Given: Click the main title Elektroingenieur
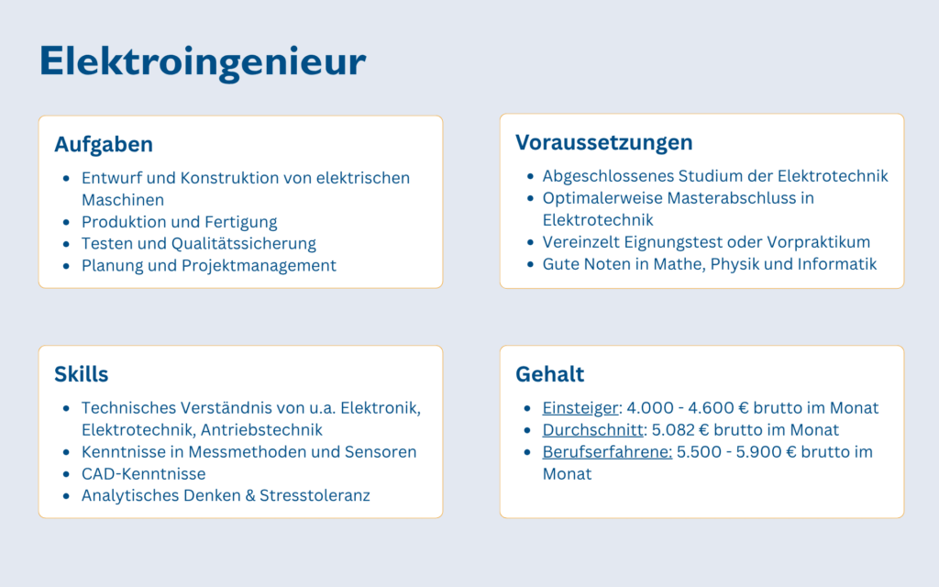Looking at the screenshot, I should [203, 62].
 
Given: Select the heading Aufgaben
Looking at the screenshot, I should [104, 145].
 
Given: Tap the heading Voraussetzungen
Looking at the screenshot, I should [603, 143].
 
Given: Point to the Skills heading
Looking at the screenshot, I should [81, 374].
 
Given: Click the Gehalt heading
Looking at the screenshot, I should [549, 374].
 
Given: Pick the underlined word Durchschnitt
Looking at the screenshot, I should [591, 430].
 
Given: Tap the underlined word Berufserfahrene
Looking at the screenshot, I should [606, 452].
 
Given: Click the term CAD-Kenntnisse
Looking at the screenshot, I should [143, 474].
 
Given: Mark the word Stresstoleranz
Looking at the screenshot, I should [315, 496].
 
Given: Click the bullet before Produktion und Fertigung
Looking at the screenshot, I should [65, 222].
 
